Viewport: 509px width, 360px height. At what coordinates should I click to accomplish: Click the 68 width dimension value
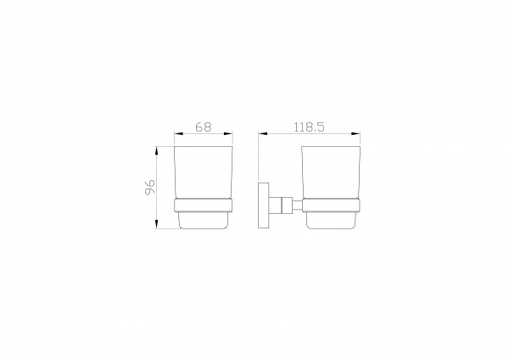click(204, 127)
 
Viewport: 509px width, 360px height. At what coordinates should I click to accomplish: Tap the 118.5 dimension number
click(309, 127)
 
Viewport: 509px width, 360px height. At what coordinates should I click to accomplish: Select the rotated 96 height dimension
click(150, 187)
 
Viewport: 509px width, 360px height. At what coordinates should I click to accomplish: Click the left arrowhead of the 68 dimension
click(179, 133)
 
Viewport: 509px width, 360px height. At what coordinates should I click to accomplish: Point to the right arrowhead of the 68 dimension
click(228, 133)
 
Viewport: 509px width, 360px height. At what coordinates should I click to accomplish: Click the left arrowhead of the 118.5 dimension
click(263, 133)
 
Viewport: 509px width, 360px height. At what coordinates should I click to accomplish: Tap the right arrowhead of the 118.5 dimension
click(355, 133)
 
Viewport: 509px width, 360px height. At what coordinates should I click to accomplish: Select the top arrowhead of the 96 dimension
click(157, 151)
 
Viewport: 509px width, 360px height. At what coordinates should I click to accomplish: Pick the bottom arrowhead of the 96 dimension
click(157, 224)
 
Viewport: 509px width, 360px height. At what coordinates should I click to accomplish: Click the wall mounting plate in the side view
click(264, 205)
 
